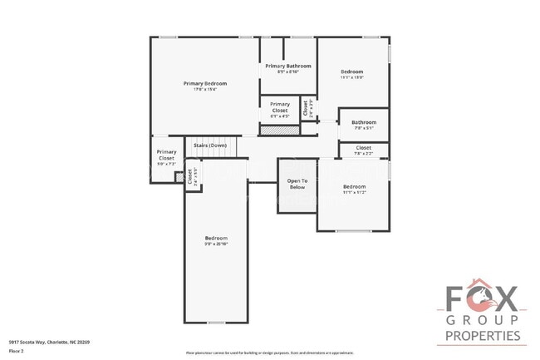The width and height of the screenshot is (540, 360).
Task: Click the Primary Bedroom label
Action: (204, 83)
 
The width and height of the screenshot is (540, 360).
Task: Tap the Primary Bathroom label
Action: (287, 66)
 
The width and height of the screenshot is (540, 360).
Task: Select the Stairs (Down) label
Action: (210, 145)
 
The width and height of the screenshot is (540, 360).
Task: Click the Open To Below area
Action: (297, 184)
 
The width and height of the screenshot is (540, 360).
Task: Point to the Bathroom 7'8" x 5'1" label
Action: (364, 122)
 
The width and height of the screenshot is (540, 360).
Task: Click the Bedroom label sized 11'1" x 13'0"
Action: (352, 72)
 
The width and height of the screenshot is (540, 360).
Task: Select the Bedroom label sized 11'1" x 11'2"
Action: (354, 187)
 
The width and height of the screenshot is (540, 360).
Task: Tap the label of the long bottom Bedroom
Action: (216, 239)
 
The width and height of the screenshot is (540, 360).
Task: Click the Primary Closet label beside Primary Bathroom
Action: (279, 108)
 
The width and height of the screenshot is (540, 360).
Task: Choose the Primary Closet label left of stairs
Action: (166, 155)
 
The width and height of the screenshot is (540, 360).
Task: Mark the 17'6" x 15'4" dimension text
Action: (204, 90)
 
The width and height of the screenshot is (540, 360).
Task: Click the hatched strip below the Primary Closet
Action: (279, 130)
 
